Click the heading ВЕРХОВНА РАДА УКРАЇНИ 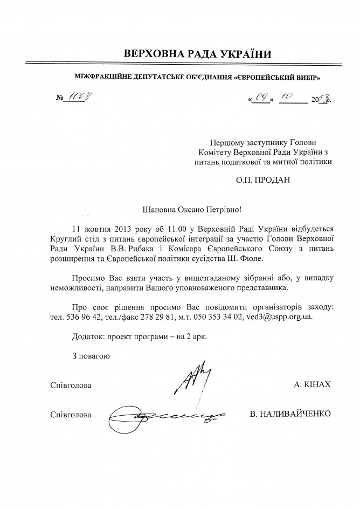coord(198,54)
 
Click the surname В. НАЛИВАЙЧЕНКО coord(290,415)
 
